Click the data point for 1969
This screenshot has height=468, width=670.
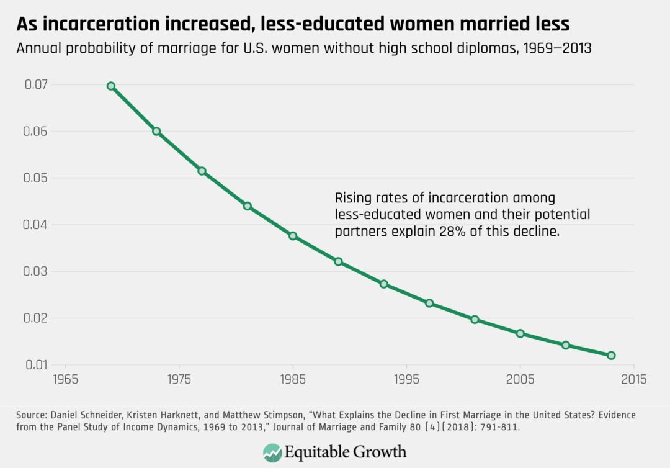111,86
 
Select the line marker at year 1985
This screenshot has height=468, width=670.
293,236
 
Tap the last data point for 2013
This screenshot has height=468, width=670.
611,355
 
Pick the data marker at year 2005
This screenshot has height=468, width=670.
520,333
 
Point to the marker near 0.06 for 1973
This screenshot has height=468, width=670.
156,131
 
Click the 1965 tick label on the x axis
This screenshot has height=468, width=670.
65,379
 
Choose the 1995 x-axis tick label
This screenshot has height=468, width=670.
406,379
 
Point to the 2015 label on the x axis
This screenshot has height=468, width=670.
633,379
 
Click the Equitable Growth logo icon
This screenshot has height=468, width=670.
271,451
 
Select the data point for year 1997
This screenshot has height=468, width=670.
429,303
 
